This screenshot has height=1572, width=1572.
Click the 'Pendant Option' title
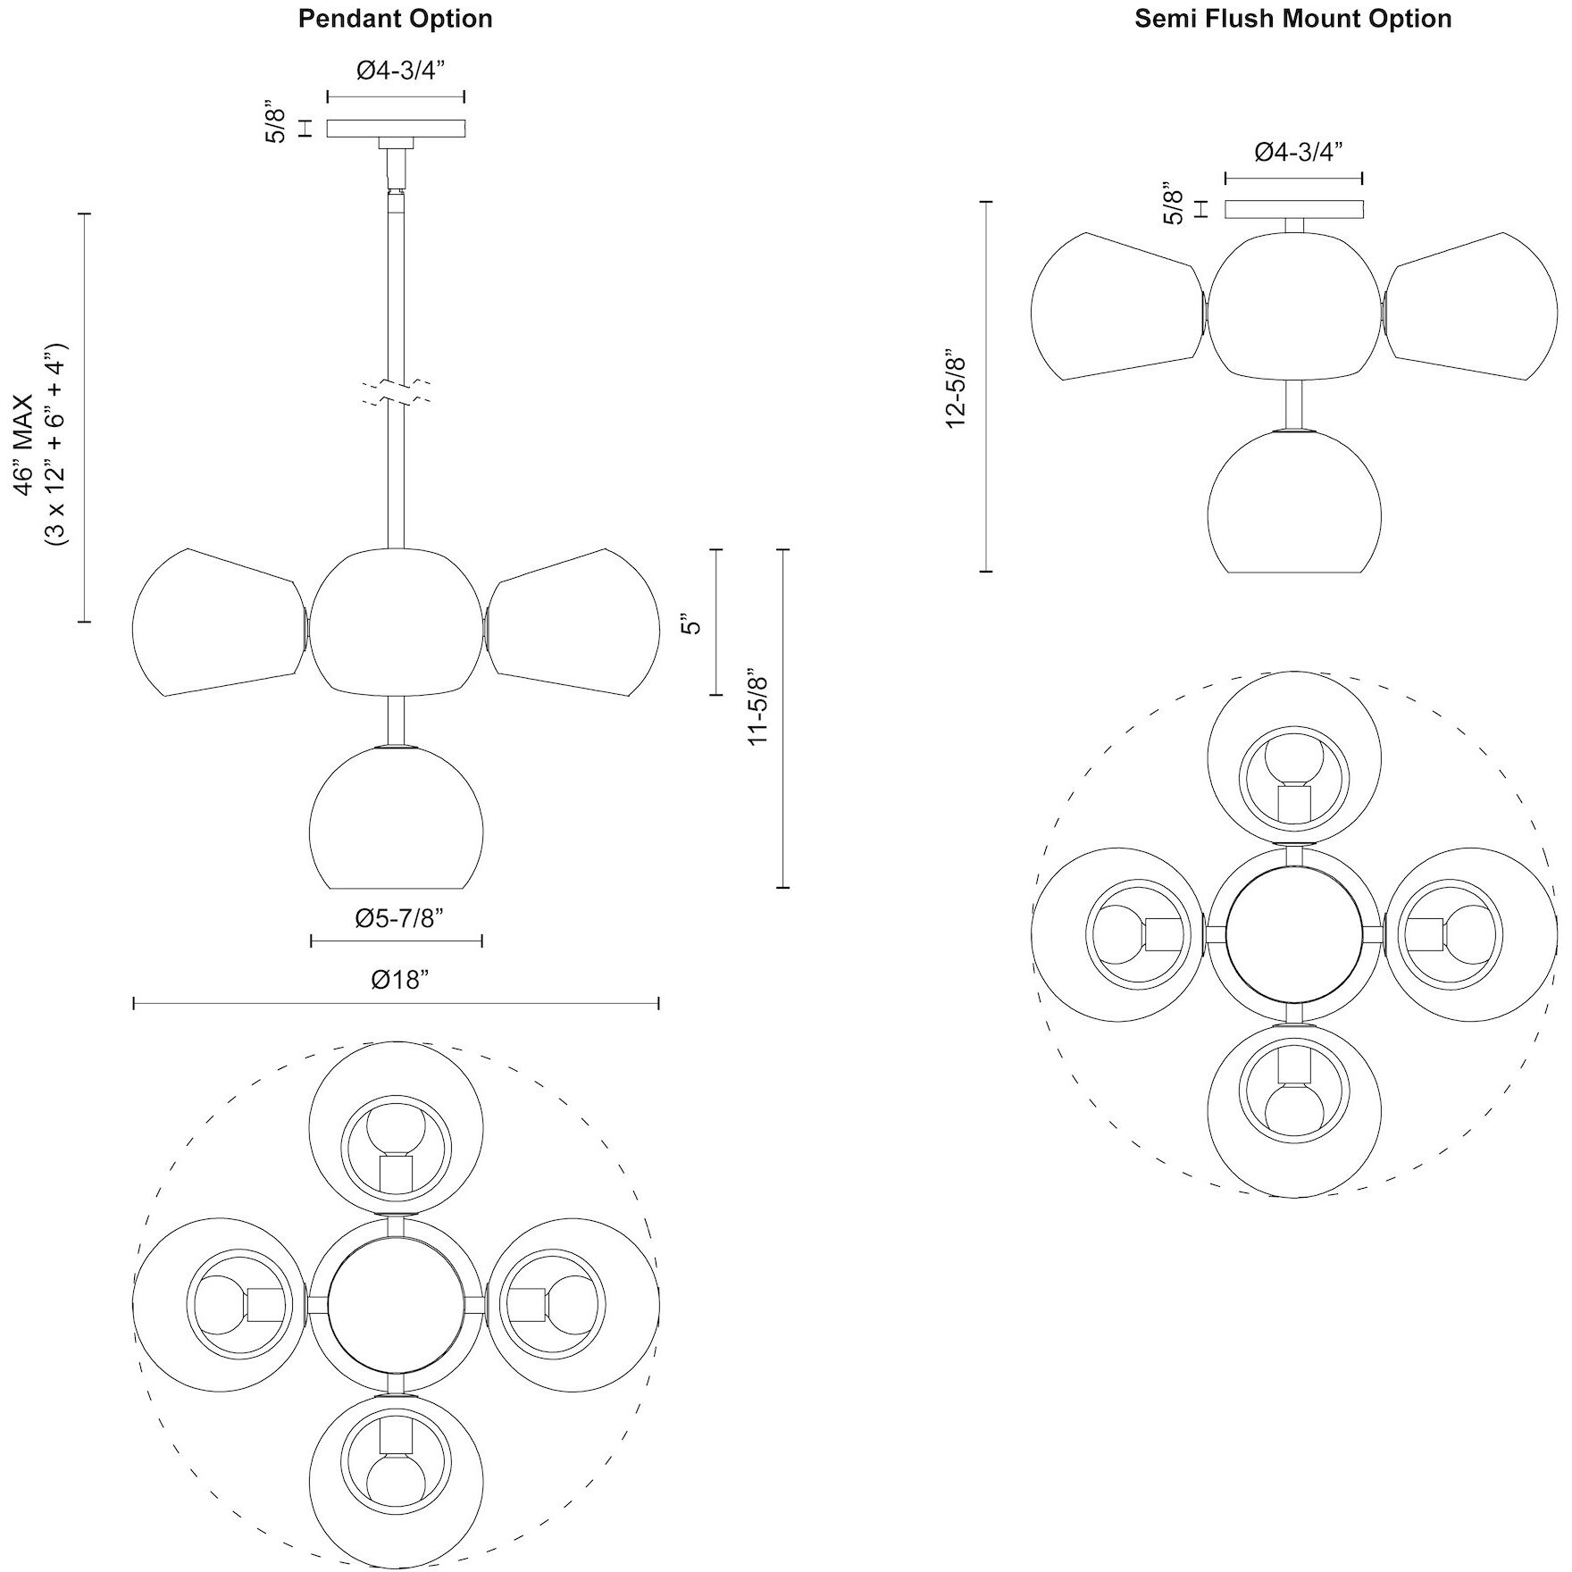click(395, 18)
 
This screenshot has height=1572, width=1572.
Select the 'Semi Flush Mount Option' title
click(1292, 18)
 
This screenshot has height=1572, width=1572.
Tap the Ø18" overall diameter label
click(395, 980)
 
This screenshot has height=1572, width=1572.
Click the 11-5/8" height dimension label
click(758, 706)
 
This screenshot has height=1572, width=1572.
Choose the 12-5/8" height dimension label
click(957, 388)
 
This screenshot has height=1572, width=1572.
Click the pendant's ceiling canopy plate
click(396, 128)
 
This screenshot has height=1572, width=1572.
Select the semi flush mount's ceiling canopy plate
click(1293, 209)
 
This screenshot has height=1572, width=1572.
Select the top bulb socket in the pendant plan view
click(395, 1173)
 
